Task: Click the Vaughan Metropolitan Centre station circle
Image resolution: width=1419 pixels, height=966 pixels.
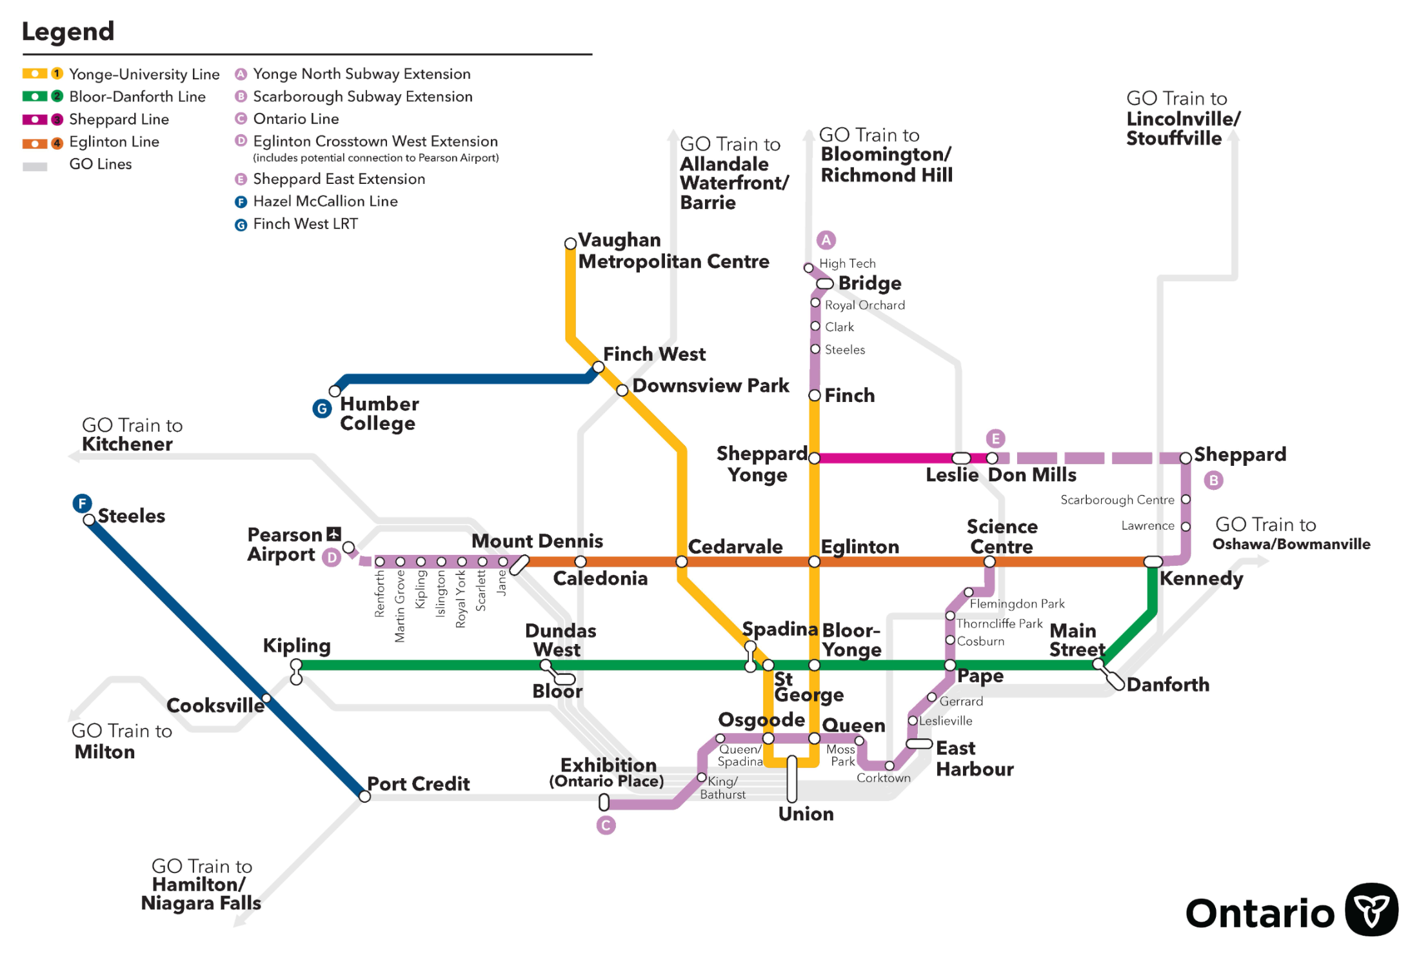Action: (x=570, y=243)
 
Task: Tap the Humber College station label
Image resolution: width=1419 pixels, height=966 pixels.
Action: (x=379, y=414)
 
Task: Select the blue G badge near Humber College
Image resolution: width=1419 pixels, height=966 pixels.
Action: (x=322, y=408)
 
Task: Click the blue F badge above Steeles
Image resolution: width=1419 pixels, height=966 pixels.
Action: (x=82, y=503)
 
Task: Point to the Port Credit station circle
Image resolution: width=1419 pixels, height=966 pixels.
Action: (x=364, y=796)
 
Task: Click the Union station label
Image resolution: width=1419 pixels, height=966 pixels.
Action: (x=806, y=814)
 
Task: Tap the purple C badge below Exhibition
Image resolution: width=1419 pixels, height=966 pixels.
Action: (x=606, y=825)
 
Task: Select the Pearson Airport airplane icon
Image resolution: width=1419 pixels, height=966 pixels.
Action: (x=333, y=534)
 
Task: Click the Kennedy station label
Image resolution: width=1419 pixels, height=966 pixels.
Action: (x=1201, y=578)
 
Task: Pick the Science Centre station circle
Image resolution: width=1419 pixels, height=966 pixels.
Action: (x=989, y=561)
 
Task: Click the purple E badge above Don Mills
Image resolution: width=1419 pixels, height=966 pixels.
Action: (x=996, y=439)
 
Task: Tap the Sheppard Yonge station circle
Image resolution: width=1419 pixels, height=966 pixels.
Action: (x=814, y=458)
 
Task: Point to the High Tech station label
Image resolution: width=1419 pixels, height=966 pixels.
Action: (x=848, y=263)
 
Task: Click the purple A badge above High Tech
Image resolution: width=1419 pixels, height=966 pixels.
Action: (x=826, y=240)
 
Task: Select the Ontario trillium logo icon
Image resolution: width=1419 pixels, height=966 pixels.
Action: (x=1371, y=909)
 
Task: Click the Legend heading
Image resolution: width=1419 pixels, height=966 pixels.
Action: (x=68, y=31)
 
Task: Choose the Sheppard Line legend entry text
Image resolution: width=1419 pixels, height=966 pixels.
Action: (x=119, y=119)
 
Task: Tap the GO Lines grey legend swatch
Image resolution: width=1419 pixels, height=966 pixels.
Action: (x=35, y=166)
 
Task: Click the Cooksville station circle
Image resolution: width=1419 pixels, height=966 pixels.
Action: (x=266, y=698)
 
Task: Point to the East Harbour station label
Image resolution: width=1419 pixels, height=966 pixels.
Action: (x=975, y=758)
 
